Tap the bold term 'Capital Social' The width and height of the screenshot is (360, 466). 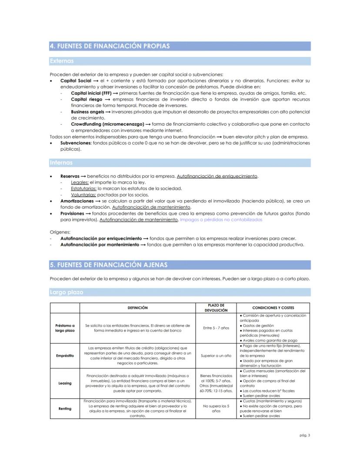(x=76, y=81)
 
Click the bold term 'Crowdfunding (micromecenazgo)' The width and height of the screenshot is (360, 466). (x=107, y=124)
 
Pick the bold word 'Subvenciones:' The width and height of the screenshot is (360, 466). (x=76, y=143)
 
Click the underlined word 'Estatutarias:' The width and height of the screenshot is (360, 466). (x=83, y=188)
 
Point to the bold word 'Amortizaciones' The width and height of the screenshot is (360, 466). (x=77, y=201)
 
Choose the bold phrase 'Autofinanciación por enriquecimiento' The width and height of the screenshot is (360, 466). (x=101, y=238)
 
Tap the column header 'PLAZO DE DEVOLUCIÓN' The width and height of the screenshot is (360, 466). (x=216, y=308)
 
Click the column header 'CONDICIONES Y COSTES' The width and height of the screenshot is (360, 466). (x=273, y=308)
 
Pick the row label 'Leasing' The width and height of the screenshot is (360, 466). (x=65, y=383)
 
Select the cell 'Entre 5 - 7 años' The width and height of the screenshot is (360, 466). (x=216, y=328)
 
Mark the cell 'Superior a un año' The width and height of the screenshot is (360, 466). (x=216, y=355)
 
